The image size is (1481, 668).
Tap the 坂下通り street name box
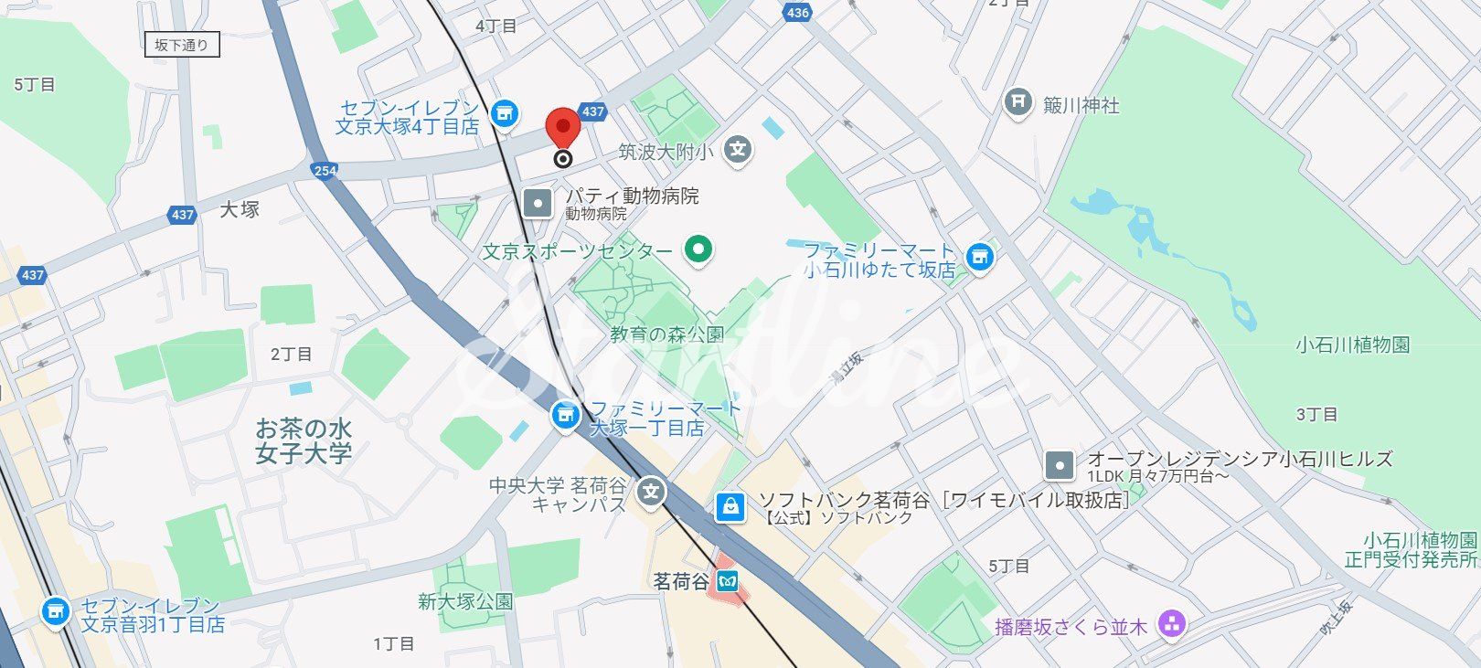click(x=182, y=45)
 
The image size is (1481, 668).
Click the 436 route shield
click(x=797, y=12)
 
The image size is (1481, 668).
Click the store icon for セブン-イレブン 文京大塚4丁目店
click(x=503, y=114)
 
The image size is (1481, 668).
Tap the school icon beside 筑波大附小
click(x=739, y=149)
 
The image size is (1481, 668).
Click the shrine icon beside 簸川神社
click(x=1018, y=102)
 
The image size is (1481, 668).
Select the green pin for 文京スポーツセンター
click(x=698, y=249)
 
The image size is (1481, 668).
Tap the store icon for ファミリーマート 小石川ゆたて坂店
click(x=979, y=257)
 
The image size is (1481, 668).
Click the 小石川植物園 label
click(x=1353, y=345)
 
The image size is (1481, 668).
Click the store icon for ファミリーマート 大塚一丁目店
click(x=565, y=417)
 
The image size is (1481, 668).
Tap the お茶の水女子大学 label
click(x=303, y=440)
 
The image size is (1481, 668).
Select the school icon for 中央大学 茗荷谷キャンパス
click(x=652, y=493)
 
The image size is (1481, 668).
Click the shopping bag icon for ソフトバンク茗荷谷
click(x=730, y=506)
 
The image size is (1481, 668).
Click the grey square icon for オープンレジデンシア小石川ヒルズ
click(x=1060, y=466)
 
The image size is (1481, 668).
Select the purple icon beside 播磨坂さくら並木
click(x=1171, y=625)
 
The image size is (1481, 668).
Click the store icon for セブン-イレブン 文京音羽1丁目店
click(x=56, y=611)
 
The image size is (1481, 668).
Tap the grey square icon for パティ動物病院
click(x=538, y=203)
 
